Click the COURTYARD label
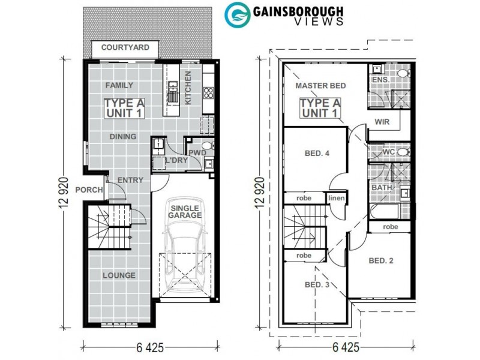[125, 47]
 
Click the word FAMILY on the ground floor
[119, 85]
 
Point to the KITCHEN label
[188, 88]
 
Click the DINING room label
[123, 136]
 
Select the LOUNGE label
[119, 275]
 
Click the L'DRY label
[176, 160]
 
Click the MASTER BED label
[318, 86]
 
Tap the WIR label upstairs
[382, 121]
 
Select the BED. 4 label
[317, 154]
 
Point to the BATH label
[380, 188]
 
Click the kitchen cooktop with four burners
[209, 92]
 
